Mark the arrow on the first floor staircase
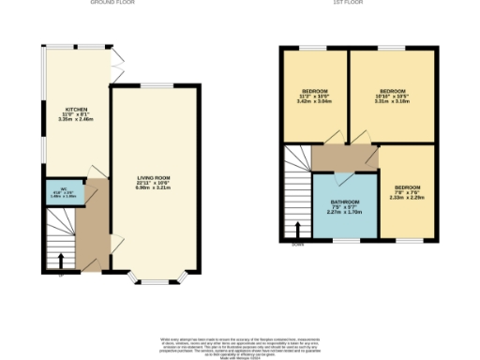click(299, 230)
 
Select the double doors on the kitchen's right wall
click(116, 66)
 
